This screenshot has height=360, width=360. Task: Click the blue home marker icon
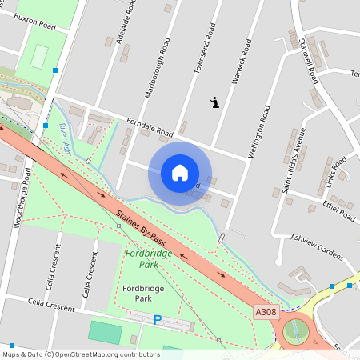pyautogui.click(x=180, y=173)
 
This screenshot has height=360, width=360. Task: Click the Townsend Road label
pyautogui.click(x=206, y=50)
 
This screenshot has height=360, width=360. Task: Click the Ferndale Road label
pyautogui.click(x=150, y=127)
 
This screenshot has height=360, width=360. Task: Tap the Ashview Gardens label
pyautogui.click(x=316, y=238)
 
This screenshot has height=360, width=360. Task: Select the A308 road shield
pyautogui.click(x=265, y=311)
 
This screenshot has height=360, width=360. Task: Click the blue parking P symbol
pyautogui.click(x=158, y=320)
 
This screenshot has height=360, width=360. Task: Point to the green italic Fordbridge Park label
pyautogui.click(x=142, y=258)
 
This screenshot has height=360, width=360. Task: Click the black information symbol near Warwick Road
pyautogui.click(x=215, y=102)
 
